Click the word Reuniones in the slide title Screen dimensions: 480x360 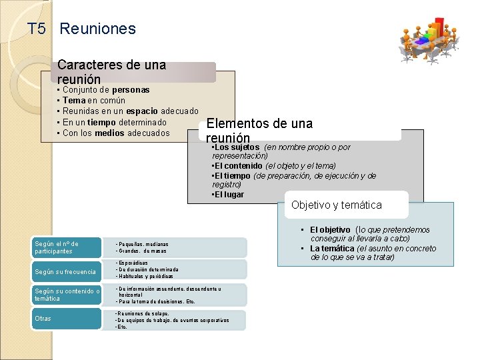tap(97, 29)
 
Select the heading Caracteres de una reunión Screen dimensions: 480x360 tap(111, 72)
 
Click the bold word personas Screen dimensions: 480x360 tap(131, 89)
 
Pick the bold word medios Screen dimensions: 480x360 tap(109, 133)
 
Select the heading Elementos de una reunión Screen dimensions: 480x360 tap(259, 130)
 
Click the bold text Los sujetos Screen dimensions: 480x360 tap(237, 147)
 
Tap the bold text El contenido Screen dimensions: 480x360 tap(238, 165)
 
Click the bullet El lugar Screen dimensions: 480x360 tap(230, 195)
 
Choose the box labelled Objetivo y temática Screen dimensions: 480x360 tap(336, 205)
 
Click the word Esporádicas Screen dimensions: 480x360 tap(136, 263)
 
